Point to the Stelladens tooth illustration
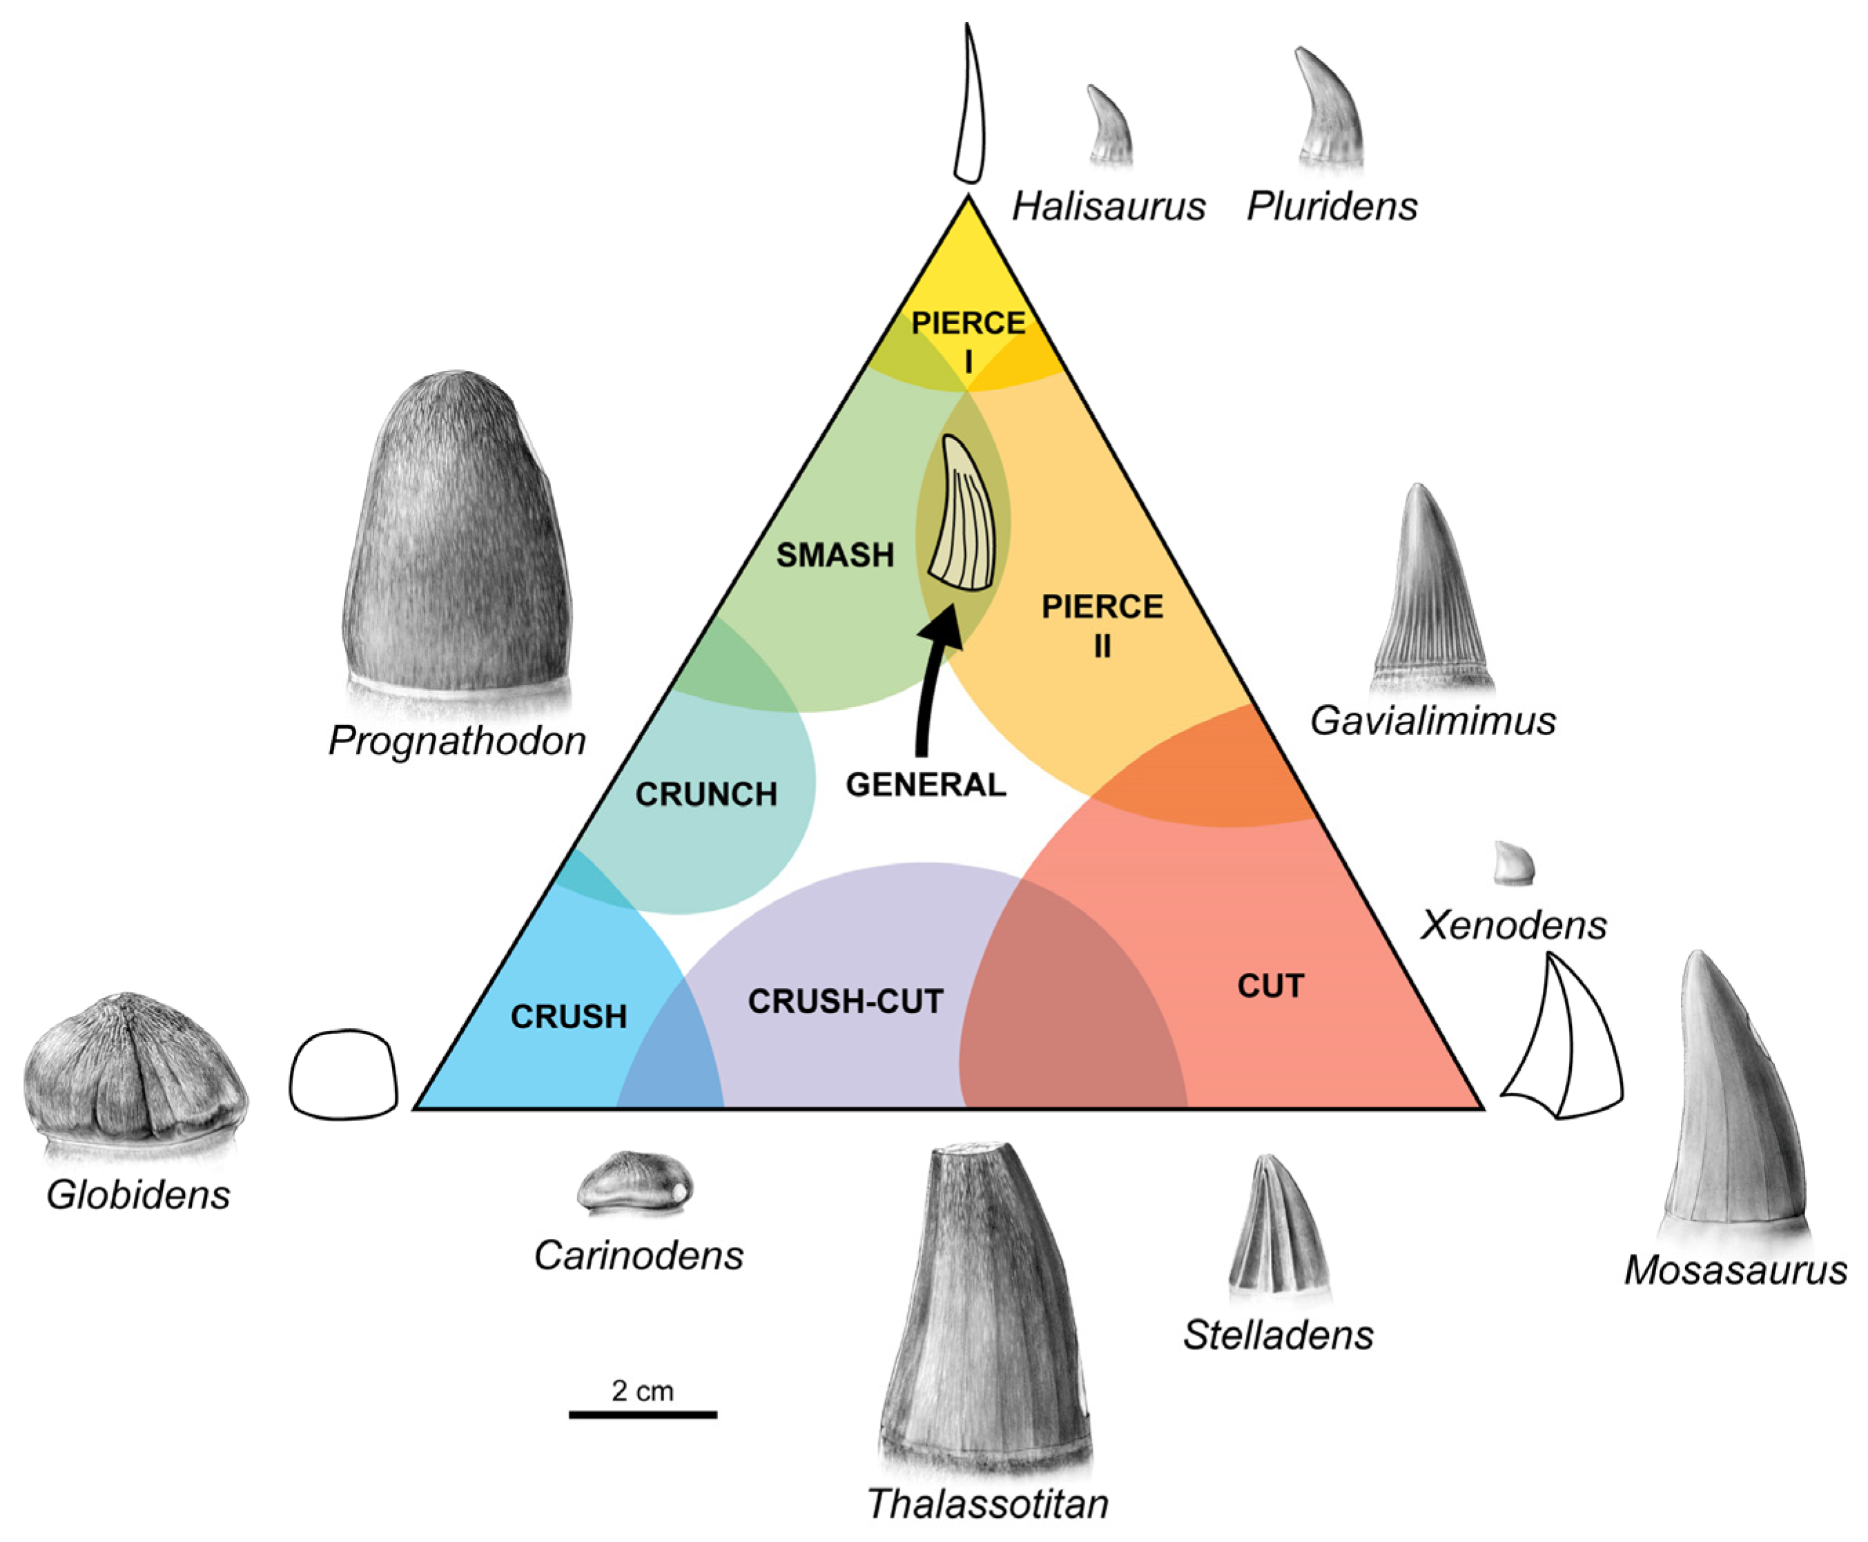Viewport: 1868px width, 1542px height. [1278, 1226]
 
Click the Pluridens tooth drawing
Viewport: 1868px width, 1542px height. [1329, 108]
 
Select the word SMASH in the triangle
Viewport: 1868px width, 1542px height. [835, 555]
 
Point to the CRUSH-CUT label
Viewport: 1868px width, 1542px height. [844, 1002]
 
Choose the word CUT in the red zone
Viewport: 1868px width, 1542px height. [1269, 986]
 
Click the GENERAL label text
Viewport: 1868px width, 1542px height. [925, 785]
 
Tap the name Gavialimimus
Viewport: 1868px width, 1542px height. [1432, 720]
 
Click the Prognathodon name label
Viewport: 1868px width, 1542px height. [457, 740]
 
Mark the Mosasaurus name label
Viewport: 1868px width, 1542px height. [1735, 1270]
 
